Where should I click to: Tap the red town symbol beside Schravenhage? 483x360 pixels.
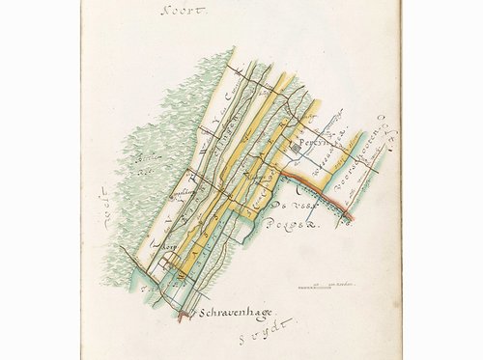(181, 315)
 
